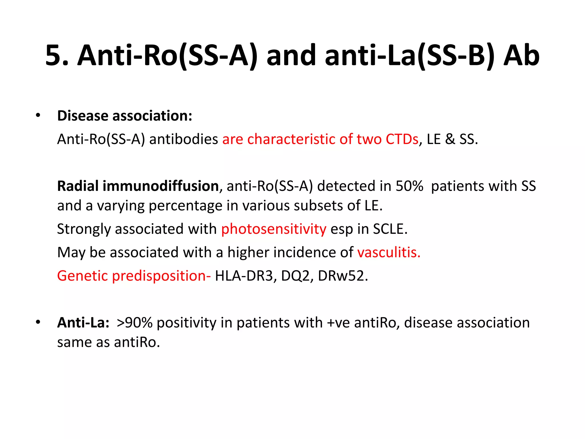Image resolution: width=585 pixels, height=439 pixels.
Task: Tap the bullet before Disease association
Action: click(38, 116)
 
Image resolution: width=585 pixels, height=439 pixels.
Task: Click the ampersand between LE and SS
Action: click(450, 139)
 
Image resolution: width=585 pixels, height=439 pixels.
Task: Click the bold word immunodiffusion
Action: click(161, 186)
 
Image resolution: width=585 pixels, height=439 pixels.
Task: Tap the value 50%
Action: click(409, 186)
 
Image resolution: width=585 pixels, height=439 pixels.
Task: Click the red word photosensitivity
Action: click(274, 229)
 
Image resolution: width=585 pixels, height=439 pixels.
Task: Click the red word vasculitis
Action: click(389, 253)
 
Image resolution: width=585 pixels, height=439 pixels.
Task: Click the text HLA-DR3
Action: click(243, 276)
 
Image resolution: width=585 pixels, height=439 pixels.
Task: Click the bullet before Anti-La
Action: click(38, 322)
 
